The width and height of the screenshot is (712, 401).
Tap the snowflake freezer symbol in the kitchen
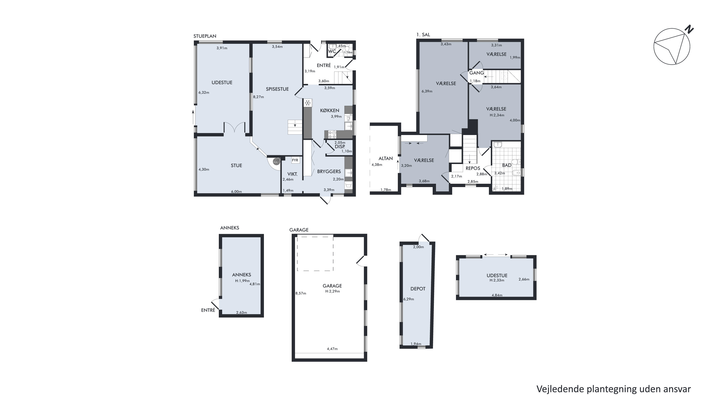307,103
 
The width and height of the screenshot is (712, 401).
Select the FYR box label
295,160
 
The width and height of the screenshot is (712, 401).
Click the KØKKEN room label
329,111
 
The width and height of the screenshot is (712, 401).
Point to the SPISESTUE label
277,89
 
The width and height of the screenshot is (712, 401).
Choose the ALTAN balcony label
386,159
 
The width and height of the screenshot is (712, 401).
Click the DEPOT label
418,289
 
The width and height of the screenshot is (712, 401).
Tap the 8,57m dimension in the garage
301,293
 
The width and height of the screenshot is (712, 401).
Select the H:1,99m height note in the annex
242,281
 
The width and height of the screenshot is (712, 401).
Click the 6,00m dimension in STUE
236,192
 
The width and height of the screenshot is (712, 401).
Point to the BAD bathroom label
507,165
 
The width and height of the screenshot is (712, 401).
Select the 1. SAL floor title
423,35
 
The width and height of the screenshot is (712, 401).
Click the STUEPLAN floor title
205,36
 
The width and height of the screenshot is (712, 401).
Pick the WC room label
332,52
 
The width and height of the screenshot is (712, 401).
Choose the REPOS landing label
473,168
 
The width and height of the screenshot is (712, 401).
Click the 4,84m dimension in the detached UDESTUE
497,295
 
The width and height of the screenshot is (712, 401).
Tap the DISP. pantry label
340,147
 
